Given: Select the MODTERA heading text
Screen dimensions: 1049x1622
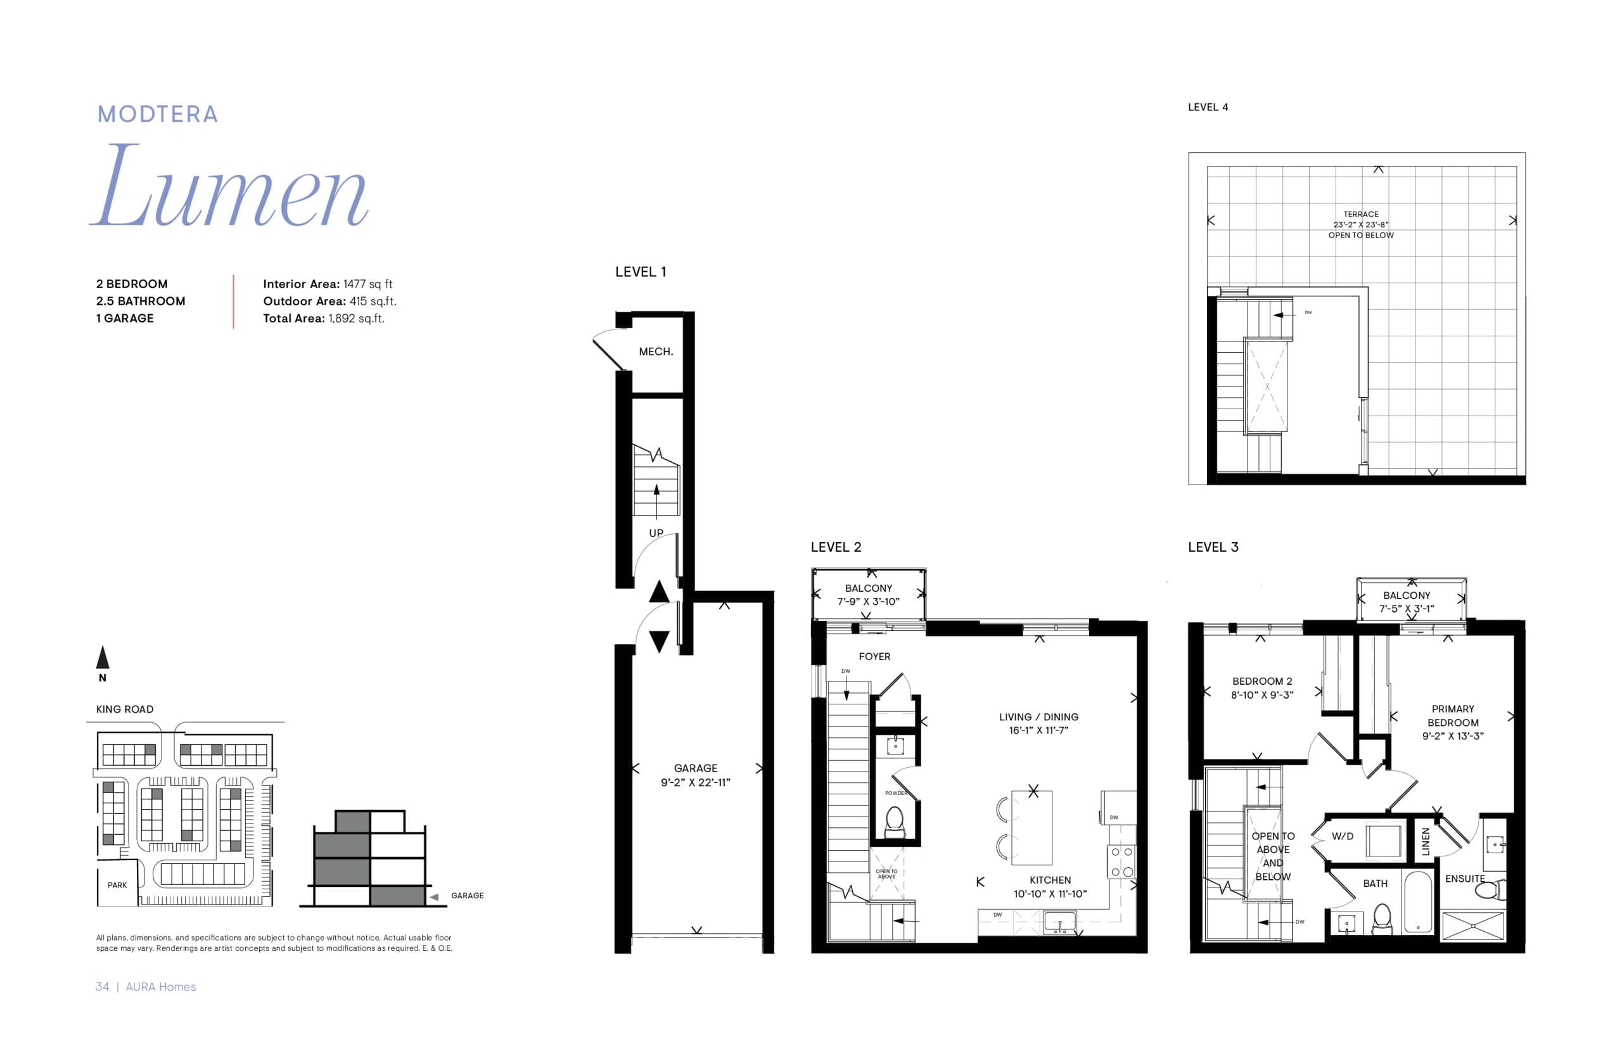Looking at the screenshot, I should pyautogui.click(x=157, y=115).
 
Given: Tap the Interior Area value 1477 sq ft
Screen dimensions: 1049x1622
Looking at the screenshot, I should pyautogui.click(x=367, y=284).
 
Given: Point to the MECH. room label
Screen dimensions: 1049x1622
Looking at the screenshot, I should pyautogui.click(x=655, y=352).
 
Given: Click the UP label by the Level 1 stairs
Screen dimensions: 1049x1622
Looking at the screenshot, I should pyautogui.click(x=655, y=533).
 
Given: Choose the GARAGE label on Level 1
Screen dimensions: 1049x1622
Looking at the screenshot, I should pyautogui.click(x=695, y=768).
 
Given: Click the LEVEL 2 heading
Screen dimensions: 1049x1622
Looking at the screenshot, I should pyautogui.click(x=835, y=547).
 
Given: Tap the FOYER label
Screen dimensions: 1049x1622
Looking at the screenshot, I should pyautogui.click(x=874, y=657).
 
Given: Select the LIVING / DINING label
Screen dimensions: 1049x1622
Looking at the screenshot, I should pyautogui.click(x=1038, y=716).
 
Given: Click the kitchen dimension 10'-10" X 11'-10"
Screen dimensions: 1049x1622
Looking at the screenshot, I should pyautogui.click(x=1050, y=894).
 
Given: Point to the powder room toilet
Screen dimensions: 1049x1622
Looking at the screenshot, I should pyautogui.click(x=894, y=822).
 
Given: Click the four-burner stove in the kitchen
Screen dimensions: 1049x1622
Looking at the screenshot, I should pyautogui.click(x=1121, y=861).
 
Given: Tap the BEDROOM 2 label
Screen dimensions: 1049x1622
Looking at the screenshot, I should pyautogui.click(x=1261, y=681).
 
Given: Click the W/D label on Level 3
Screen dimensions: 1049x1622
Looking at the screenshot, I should pyautogui.click(x=1342, y=836).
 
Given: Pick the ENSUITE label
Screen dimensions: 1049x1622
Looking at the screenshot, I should pyautogui.click(x=1465, y=879).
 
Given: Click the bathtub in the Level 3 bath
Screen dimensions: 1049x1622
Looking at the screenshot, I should pyautogui.click(x=1417, y=903).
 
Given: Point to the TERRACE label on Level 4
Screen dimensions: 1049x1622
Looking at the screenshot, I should pyautogui.click(x=1360, y=214).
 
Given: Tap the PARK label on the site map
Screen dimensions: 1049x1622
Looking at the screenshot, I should pyautogui.click(x=117, y=885).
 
